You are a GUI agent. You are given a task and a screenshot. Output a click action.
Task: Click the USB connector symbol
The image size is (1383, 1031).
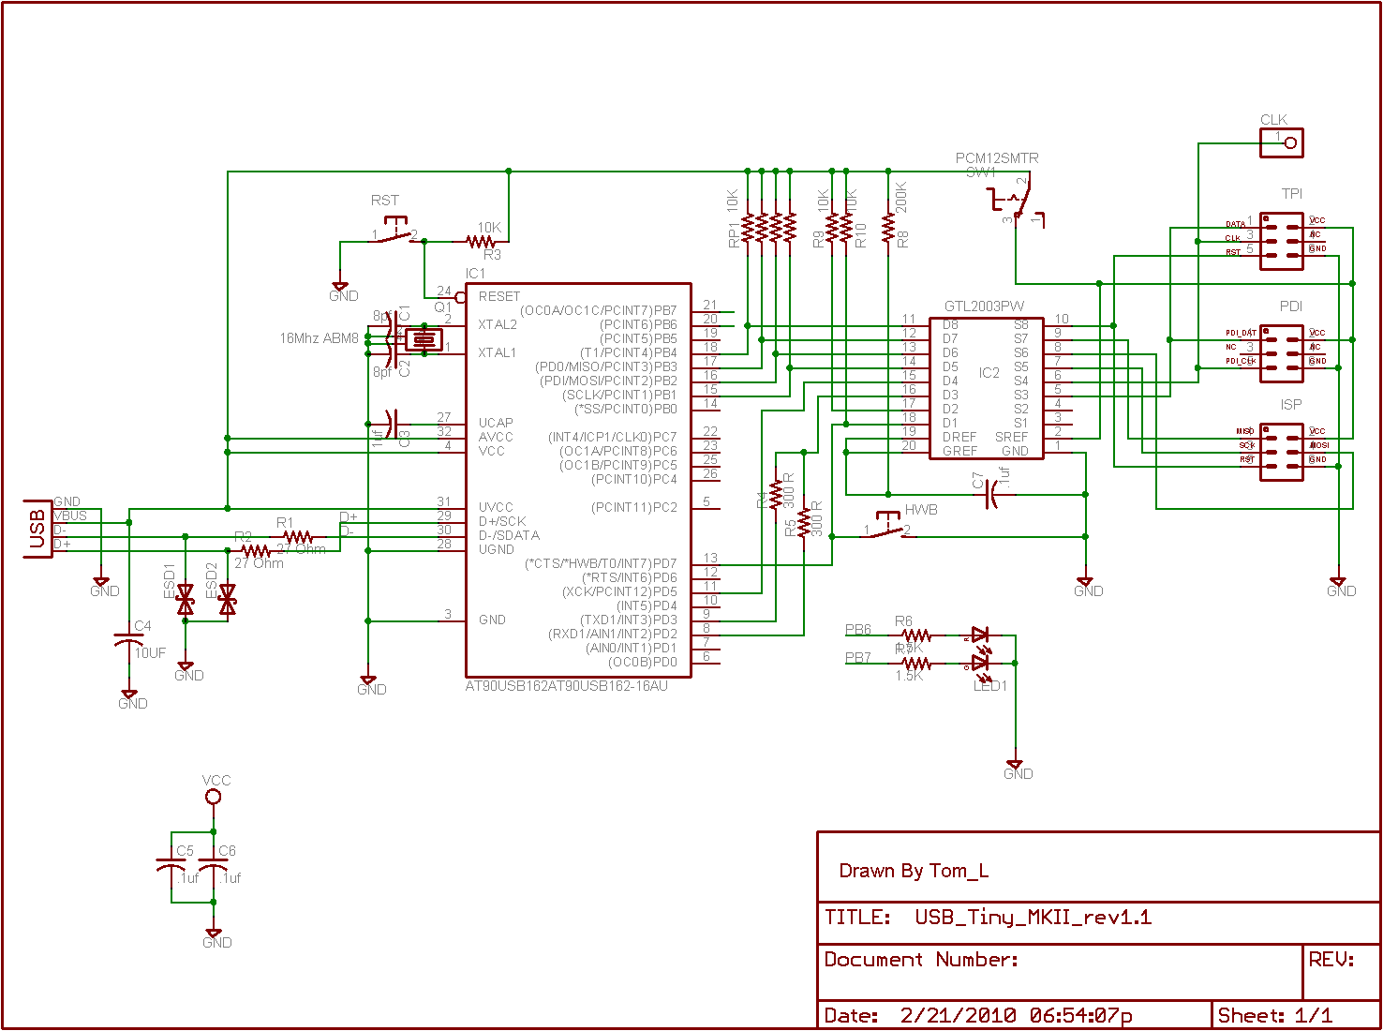[x=37, y=529]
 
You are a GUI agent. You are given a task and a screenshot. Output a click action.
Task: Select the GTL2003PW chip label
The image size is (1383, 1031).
[x=984, y=306]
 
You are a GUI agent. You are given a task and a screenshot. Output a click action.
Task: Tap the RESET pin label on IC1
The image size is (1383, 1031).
[x=498, y=296]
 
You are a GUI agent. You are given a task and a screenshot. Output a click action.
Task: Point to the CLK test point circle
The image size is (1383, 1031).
[x=1290, y=142]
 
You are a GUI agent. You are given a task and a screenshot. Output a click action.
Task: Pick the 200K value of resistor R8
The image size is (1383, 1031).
[x=901, y=197]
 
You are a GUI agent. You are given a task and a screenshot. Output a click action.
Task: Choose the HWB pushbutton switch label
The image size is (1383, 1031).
[x=921, y=510]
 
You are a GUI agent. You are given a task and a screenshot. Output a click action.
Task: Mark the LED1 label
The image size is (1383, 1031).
[x=990, y=686]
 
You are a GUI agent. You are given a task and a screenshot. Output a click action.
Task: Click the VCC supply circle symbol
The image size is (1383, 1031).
[x=214, y=797]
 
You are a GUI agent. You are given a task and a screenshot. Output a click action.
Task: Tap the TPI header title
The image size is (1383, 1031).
[x=1292, y=194]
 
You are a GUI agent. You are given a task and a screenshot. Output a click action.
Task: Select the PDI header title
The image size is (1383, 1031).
[x=1291, y=306]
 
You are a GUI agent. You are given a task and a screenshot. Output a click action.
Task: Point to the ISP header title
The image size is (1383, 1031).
[x=1291, y=405]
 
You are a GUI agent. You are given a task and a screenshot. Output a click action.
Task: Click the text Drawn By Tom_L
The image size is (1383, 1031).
[x=914, y=871]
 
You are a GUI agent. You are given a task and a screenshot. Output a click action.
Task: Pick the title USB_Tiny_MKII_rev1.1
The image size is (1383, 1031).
[x=1033, y=917]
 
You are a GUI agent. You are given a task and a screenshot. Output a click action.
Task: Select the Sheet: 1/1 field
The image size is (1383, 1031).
[x=1274, y=1015]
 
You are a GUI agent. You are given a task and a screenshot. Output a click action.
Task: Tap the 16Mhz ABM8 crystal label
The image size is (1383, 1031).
[x=319, y=338]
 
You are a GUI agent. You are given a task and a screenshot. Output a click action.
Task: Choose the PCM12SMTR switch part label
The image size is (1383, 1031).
[x=997, y=158]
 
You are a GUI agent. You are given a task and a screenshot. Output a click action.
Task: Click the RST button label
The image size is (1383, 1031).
[x=384, y=201]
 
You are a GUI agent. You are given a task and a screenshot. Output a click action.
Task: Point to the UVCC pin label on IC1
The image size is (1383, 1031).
[x=496, y=507]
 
